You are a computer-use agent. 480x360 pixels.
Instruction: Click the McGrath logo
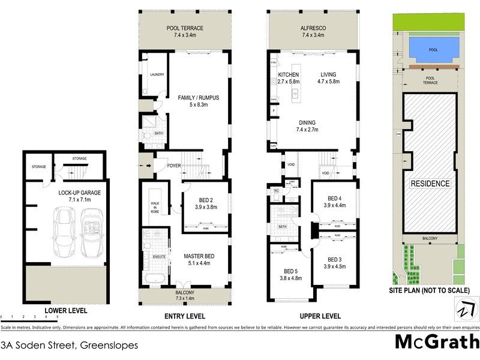click(x=437, y=343)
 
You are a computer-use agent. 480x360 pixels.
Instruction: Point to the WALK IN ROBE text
click(x=154, y=208)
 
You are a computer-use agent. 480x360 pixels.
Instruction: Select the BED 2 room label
click(x=206, y=202)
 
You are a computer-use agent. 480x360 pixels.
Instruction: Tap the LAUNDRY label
click(x=157, y=74)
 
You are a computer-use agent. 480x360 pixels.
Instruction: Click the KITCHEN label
click(x=288, y=74)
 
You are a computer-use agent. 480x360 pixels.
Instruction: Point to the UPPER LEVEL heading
click(x=320, y=316)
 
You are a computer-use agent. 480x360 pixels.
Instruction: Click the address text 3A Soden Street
click(x=69, y=346)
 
